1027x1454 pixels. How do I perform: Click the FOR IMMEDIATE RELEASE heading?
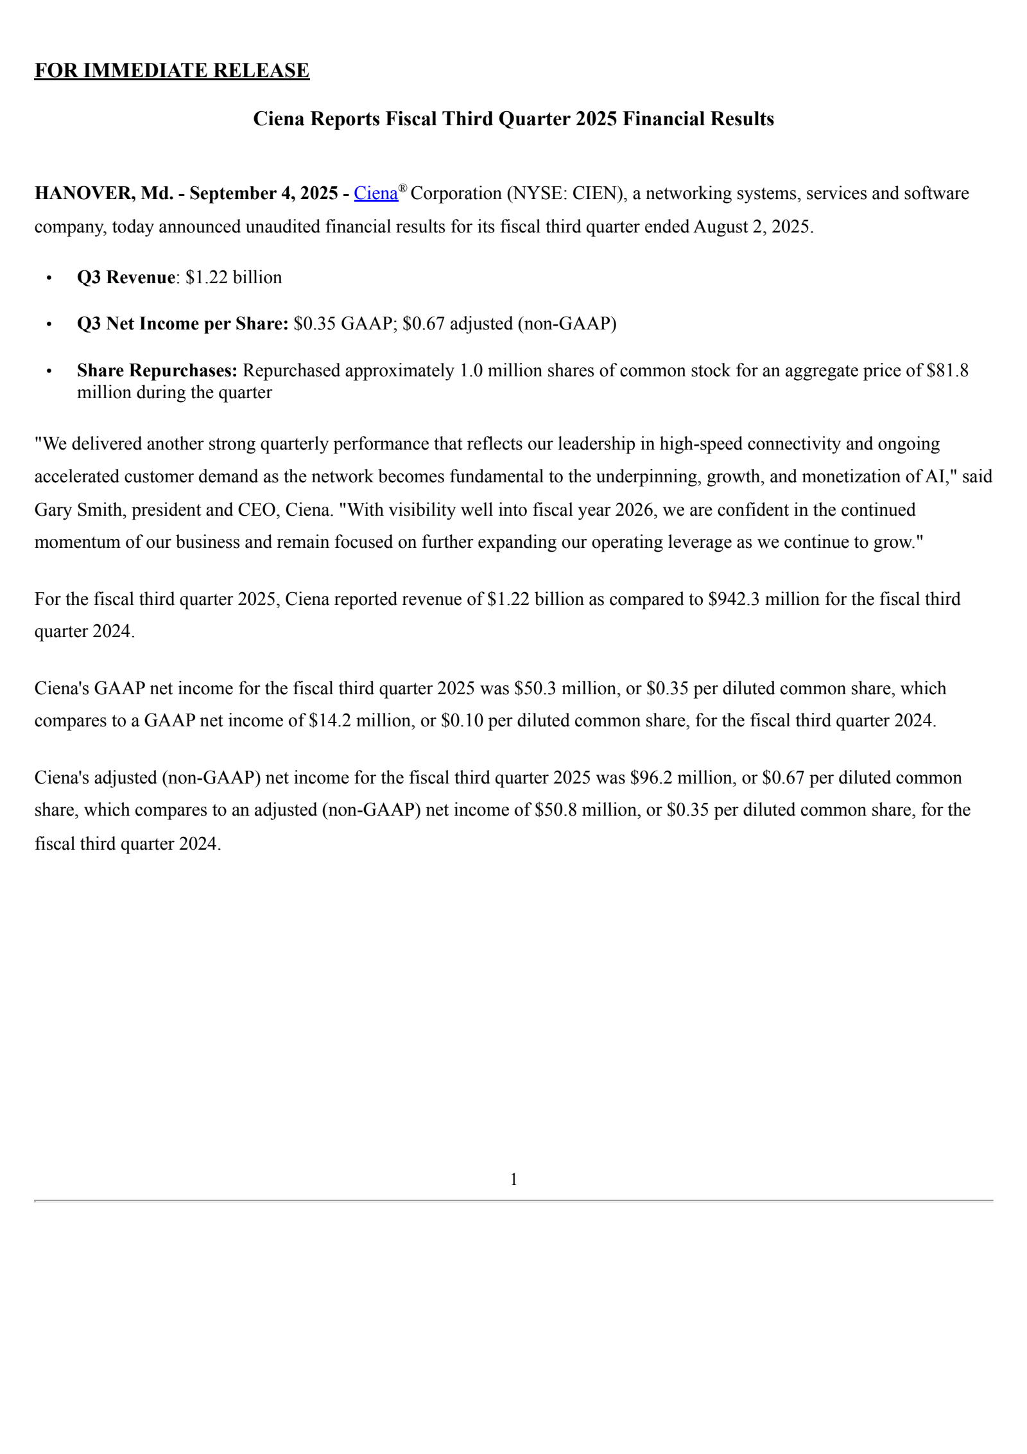(171, 70)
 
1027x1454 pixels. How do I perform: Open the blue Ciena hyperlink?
(375, 193)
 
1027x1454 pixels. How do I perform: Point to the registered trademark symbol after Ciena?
(402, 188)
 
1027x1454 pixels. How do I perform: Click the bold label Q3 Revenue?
(126, 277)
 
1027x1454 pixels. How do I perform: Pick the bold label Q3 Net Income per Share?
(182, 324)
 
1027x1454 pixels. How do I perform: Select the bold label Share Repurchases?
(157, 371)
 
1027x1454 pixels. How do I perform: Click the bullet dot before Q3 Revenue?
(49, 277)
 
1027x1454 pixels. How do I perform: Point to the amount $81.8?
(947, 371)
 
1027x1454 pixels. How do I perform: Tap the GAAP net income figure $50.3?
(535, 688)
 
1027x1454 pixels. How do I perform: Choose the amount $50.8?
(555, 810)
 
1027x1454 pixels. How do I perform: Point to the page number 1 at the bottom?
(513, 1180)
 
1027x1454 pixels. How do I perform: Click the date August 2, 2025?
(753, 227)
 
